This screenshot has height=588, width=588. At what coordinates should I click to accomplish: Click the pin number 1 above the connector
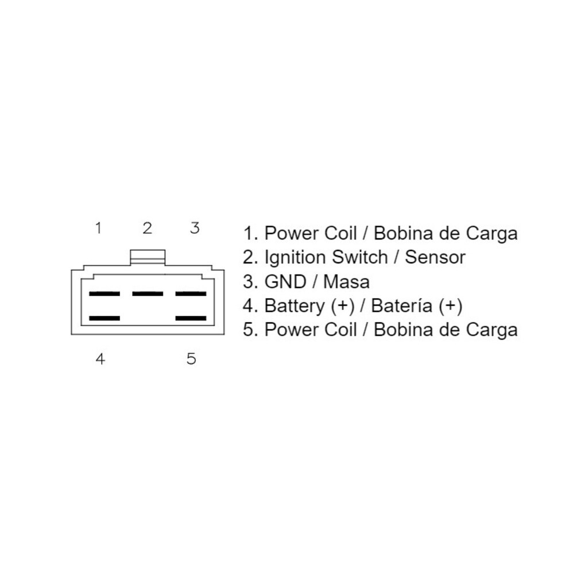99,227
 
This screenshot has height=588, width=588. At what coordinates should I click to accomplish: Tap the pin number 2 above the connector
148,227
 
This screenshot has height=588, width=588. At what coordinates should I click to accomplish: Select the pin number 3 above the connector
195,227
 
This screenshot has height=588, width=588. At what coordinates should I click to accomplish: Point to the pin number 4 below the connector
100,359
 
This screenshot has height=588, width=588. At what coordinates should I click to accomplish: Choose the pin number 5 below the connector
191,359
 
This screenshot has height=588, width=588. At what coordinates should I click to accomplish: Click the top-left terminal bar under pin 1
105,293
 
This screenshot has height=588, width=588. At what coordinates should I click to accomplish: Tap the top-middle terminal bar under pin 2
148,293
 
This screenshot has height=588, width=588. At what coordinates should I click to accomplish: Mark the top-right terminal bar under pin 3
191,293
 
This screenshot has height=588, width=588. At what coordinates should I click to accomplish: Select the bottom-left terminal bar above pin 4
105,318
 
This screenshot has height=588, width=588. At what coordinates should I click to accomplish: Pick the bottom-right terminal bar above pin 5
191,318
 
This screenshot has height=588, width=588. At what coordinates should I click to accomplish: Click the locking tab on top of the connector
148,257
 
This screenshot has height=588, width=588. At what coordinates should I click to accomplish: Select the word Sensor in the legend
435,257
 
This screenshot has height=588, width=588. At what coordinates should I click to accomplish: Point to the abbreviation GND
285,281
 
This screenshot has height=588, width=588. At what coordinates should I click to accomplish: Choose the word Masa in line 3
346,281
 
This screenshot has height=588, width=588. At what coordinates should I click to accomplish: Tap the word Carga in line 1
492,234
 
